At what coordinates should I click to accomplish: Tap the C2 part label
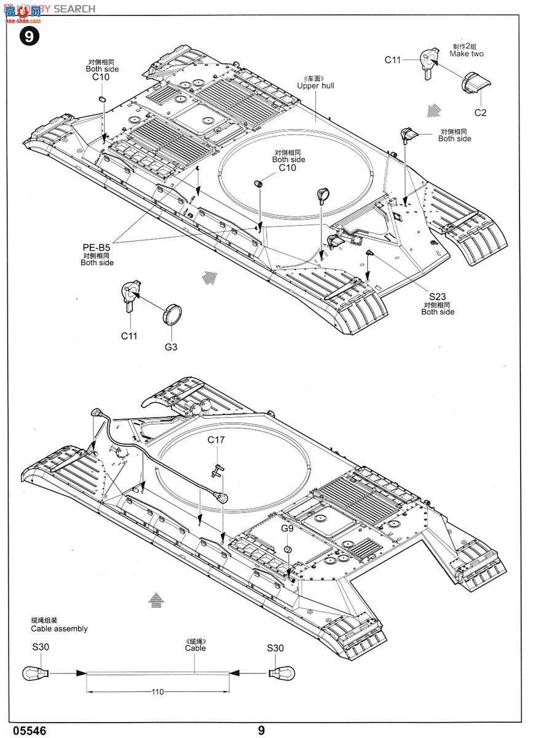[480, 112]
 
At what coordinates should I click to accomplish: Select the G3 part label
[171, 347]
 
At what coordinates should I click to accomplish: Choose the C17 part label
[216, 440]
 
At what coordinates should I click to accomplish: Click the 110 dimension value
[157, 692]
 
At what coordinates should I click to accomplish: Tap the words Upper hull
[315, 85]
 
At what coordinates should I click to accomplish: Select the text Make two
[466, 54]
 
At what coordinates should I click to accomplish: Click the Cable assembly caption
[59, 629]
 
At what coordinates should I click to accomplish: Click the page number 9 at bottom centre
[261, 730]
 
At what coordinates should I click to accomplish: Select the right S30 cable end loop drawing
[283, 673]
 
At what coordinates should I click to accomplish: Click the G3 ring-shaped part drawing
[172, 315]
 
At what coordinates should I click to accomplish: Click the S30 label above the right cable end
[275, 648]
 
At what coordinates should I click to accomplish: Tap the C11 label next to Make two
[393, 60]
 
